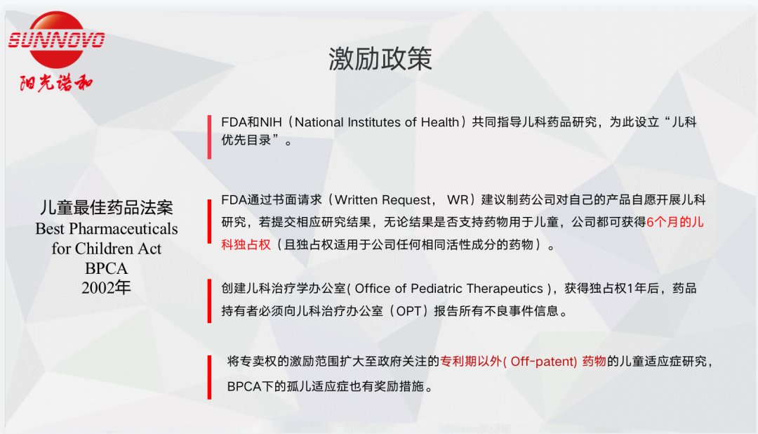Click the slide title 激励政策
[380, 59]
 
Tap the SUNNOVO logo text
[57, 39]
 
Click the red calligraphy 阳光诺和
[56, 83]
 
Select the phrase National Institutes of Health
[377, 122]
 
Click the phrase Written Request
[383, 200]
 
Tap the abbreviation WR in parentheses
[458, 200]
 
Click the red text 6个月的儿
[675, 222]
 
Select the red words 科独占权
[246, 244]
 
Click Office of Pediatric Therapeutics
[449, 289]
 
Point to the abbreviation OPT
[409, 311]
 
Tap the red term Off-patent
[543, 362]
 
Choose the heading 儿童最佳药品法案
[107, 208]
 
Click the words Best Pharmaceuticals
[107, 228]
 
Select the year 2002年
[107, 288]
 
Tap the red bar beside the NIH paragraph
[209, 137]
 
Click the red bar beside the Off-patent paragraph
[209, 377]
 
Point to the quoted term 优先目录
[246, 140]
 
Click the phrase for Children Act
[107, 249]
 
